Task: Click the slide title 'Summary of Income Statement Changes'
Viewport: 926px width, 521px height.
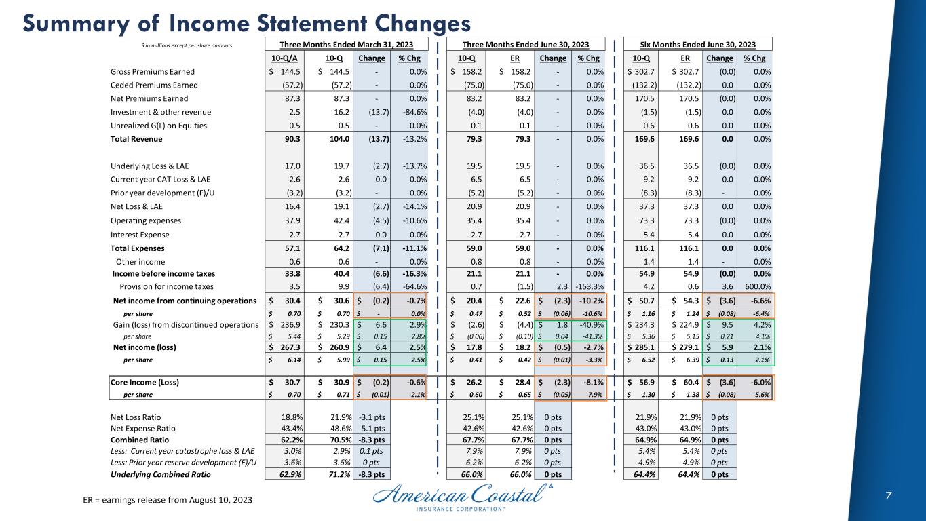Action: click(x=246, y=23)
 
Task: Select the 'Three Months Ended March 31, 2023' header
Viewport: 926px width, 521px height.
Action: click(x=347, y=45)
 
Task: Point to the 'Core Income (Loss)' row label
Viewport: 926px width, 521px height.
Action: click(x=144, y=382)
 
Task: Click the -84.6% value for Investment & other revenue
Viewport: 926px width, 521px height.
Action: click(x=412, y=112)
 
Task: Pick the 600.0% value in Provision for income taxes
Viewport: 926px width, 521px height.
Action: click(x=757, y=286)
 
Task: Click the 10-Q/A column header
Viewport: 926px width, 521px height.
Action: click(x=282, y=58)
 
